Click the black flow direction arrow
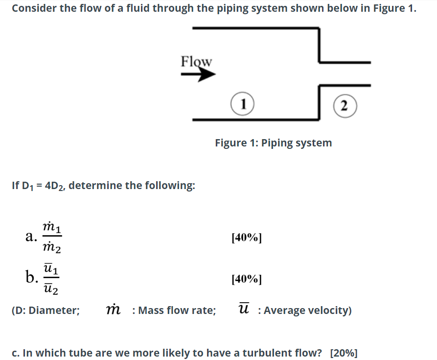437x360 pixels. (199, 75)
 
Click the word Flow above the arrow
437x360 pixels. (196, 61)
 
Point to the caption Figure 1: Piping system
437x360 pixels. (273, 143)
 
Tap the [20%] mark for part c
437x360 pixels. (344, 353)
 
